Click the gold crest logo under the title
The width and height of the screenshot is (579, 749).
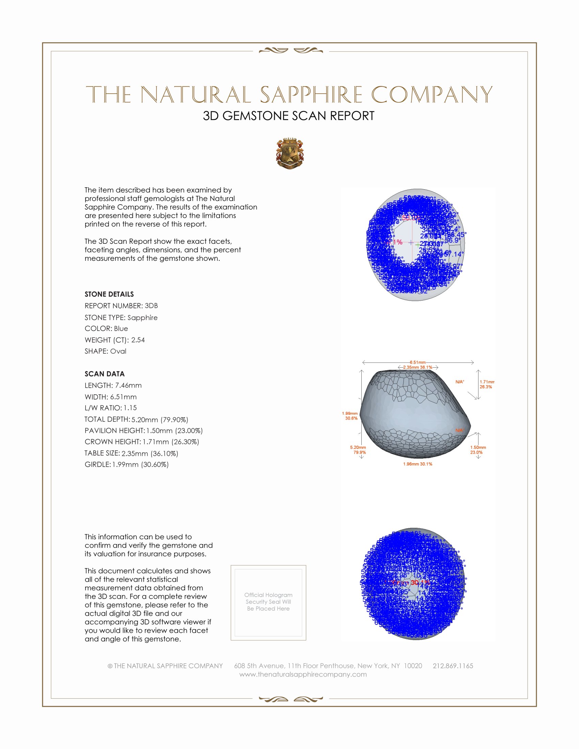click(290, 154)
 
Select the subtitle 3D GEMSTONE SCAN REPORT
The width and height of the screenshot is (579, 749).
click(288, 116)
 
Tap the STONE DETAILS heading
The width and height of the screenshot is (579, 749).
click(109, 294)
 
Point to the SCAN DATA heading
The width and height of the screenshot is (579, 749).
click(105, 374)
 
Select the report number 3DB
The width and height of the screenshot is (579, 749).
click(151, 306)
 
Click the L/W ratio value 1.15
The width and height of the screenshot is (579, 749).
click(130, 408)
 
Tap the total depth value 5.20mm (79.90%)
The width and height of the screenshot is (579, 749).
click(160, 419)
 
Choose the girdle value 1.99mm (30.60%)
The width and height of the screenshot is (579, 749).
click(141, 464)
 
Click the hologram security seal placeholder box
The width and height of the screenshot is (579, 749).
click(268, 603)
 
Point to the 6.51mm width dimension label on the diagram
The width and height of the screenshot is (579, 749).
click(418, 362)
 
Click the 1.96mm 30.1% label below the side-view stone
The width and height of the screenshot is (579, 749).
click(418, 464)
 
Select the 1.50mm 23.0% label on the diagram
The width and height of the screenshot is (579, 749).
click(478, 450)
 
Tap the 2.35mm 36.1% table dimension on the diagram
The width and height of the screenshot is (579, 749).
click(418, 367)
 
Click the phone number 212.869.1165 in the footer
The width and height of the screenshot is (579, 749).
click(453, 666)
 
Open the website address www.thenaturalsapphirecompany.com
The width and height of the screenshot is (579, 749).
click(303, 674)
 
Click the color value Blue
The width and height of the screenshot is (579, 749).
click(121, 329)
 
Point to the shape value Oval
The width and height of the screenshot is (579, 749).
click(118, 351)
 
